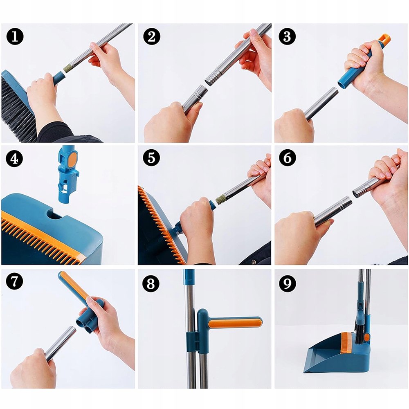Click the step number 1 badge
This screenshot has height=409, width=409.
15,36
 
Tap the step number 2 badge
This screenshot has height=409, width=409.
151,36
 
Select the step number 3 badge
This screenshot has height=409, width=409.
287,36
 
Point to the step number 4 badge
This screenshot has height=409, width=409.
14,159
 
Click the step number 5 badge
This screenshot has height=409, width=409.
151,158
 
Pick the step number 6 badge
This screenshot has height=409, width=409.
288,158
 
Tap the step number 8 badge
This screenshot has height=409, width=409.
151,283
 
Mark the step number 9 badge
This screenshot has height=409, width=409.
287,283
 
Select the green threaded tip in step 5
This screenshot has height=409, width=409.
220,200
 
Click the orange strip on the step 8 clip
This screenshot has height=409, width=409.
234,323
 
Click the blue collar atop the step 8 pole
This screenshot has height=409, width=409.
189,277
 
